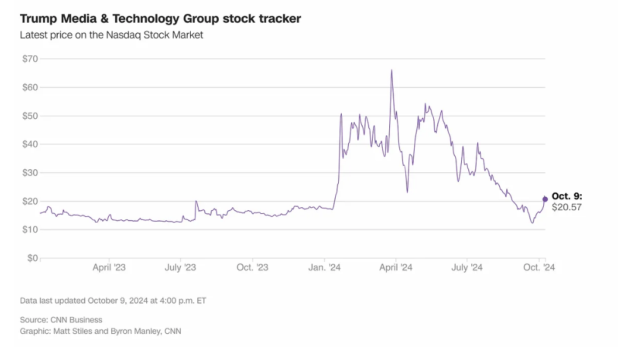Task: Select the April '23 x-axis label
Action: pos(109,268)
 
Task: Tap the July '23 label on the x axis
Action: pos(180,268)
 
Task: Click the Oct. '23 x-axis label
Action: pos(253,268)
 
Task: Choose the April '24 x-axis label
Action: pos(396,268)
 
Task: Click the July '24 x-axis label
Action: pos(467,268)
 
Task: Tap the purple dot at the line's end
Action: pos(545,199)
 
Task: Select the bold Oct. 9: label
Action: pos(567,196)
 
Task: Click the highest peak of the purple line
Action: pos(391,70)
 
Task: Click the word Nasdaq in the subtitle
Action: pos(122,35)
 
